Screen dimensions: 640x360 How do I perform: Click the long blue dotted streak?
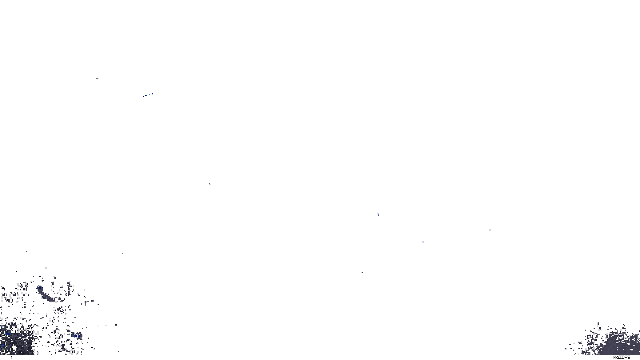[148, 95]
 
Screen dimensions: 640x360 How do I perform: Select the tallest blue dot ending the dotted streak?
[152, 94]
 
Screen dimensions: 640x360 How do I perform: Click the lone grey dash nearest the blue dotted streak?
[97, 79]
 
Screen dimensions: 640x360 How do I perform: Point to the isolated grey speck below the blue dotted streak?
[209, 184]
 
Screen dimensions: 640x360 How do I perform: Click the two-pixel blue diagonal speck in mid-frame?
[378, 214]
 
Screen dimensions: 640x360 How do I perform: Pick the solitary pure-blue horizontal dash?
[423, 242]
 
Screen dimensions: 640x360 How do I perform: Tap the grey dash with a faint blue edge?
[490, 230]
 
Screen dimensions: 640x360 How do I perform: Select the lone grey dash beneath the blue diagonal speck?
[362, 272]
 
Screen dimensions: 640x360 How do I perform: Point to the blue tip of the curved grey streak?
[40, 288]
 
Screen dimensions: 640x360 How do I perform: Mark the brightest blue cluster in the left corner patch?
[8, 333]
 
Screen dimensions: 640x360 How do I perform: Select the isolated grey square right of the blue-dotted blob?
[116, 325]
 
